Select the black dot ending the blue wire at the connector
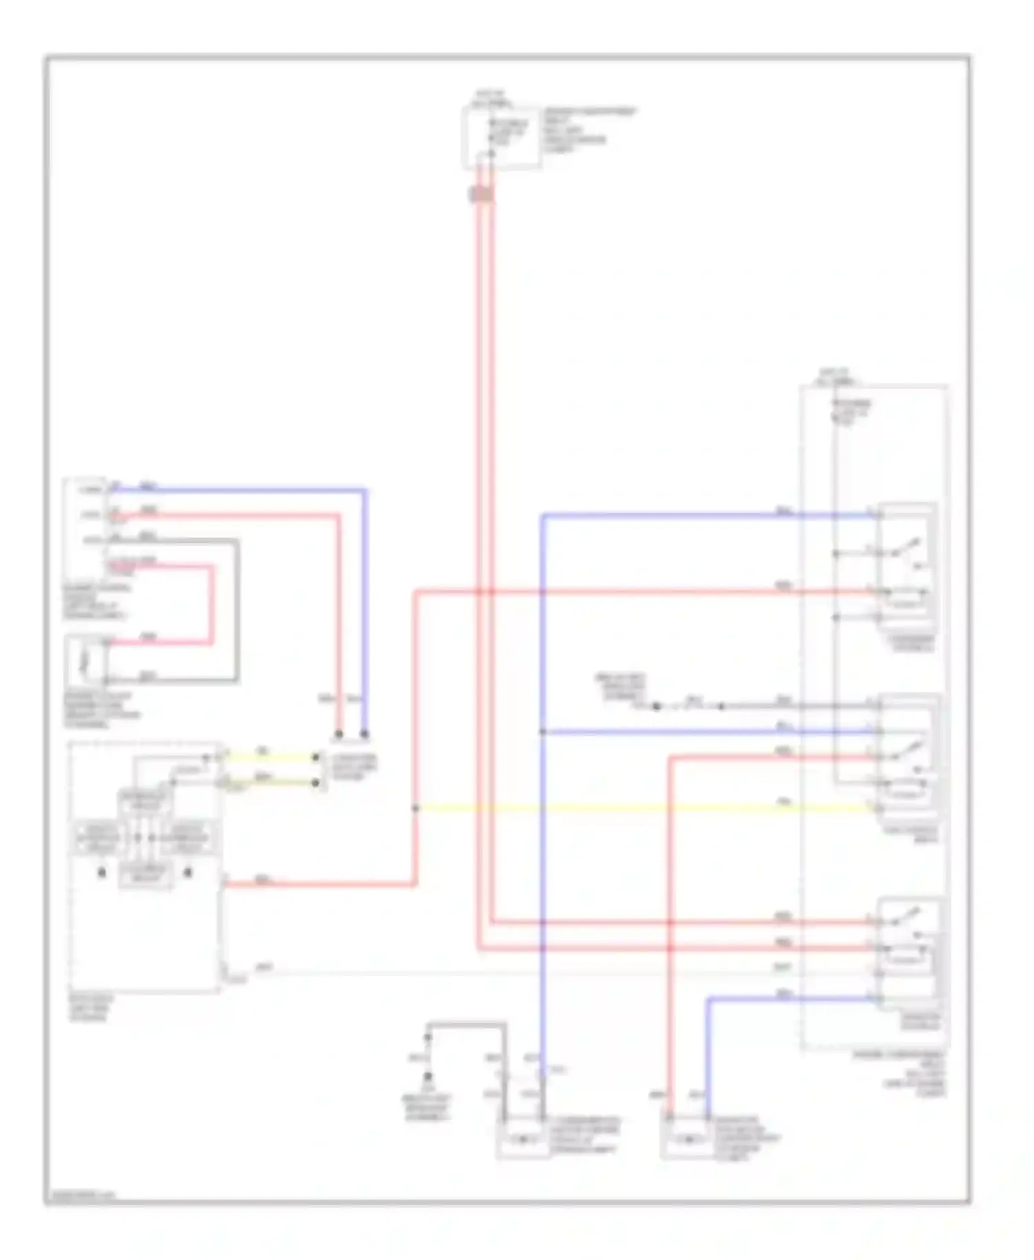pos(365,734)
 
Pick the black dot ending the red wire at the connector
pos(338,734)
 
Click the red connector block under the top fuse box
pos(481,195)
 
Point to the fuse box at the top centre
pos(501,137)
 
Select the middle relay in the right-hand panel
pos(906,751)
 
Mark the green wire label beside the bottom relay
pos(782,968)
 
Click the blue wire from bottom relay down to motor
pos(708,1055)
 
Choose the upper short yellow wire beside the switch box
pos(269,757)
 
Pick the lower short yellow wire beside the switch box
pos(269,782)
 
